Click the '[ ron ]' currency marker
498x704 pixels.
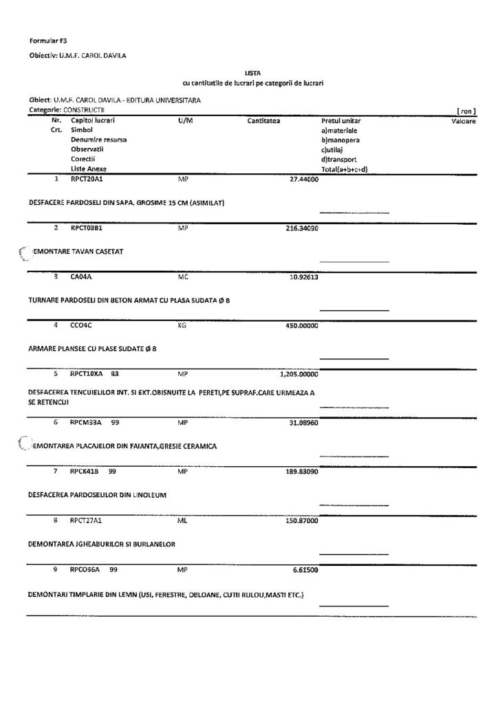[x=466, y=111]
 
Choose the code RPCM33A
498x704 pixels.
[x=86, y=422]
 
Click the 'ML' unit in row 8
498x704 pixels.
[x=182, y=521]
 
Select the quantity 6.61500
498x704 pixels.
[x=305, y=570]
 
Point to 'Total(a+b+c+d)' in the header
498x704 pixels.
[x=345, y=168]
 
